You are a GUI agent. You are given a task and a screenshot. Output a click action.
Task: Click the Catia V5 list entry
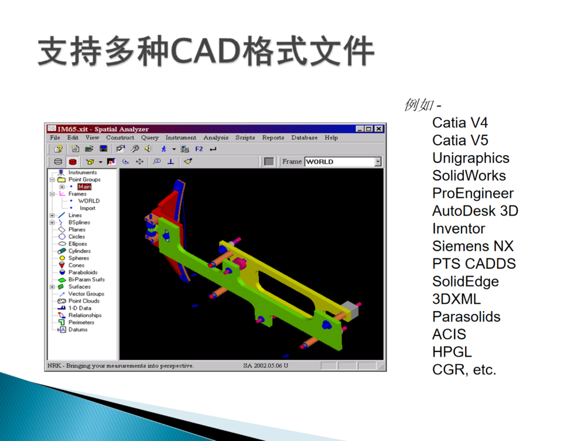tap(460, 140)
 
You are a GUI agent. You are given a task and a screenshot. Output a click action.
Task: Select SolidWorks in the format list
tap(469, 176)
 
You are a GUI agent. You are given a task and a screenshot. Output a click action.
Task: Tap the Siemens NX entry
tap(473, 246)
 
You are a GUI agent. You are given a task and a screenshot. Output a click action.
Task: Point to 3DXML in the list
tap(457, 299)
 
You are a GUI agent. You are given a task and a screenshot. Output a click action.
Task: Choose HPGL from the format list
tap(452, 352)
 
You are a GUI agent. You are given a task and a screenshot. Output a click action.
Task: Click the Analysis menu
tap(216, 138)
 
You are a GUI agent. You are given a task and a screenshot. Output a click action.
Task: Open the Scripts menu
tap(245, 138)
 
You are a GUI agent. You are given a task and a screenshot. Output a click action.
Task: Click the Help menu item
tap(331, 138)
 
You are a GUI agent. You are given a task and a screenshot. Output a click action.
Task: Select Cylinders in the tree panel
tap(79, 251)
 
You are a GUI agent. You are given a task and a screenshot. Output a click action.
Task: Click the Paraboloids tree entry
tap(83, 272)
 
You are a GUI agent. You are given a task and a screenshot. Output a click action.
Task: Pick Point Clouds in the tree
tap(84, 301)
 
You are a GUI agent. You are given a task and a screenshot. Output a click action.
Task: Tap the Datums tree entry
tap(78, 330)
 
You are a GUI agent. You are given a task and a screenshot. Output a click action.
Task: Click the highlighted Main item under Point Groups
tap(84, 187)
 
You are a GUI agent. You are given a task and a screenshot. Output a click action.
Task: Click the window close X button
tap(379, 129)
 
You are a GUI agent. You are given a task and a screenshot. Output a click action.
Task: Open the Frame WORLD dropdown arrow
tap(378, 161)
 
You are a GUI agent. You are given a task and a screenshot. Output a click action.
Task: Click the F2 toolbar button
tap(199, 149)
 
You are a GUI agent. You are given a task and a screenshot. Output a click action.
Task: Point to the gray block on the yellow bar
tap(350, 310)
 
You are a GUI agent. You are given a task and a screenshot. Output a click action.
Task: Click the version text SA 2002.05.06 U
tap(265, 366)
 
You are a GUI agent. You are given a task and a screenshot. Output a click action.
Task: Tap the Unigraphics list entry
tap(471, 158)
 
